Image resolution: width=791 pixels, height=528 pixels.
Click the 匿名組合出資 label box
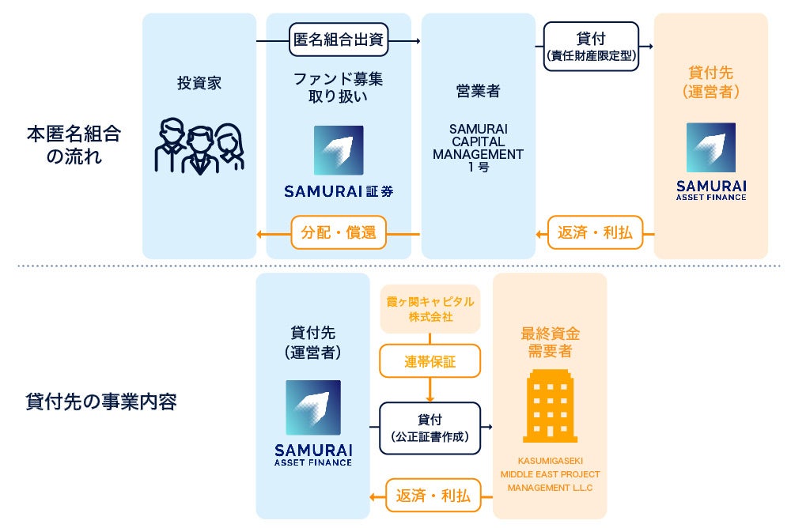[339, 40]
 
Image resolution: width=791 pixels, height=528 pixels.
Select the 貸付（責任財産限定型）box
[591, 46]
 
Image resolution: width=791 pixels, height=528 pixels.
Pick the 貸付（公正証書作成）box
[430, 428]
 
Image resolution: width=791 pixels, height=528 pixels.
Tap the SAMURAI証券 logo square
[339, 150]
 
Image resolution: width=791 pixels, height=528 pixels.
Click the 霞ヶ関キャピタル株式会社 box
[430, 309]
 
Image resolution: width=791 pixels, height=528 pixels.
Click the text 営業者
[478, 92]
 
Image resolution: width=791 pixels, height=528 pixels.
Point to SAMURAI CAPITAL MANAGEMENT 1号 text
[478, 148]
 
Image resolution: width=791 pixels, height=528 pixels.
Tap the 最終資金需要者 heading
[549, 342]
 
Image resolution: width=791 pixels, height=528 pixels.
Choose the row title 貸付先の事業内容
[100, 402]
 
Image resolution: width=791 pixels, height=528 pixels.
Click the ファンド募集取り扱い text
[339, 88]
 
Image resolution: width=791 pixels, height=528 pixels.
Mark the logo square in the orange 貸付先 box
[710, 147]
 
